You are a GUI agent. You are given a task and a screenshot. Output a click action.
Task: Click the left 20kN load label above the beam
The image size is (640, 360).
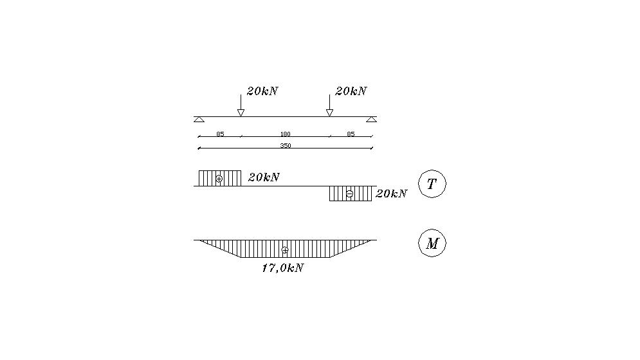click(262, 91)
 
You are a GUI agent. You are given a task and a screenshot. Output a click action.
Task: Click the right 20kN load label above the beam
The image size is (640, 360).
click(351, 91)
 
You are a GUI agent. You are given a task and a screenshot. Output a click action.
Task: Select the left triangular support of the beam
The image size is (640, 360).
click(199, 120)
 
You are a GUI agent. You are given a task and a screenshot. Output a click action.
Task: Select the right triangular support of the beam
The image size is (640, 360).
click(371, 120)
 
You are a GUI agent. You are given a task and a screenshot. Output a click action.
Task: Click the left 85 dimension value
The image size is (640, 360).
click(220, 134)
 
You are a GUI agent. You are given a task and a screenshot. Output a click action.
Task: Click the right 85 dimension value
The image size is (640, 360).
click(351, 134)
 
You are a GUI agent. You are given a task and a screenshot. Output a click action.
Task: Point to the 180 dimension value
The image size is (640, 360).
click(285, 134)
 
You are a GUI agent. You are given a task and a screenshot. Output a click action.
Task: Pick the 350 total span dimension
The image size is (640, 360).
click(285, 146)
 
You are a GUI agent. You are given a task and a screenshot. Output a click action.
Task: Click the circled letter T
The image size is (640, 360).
click(432, 184)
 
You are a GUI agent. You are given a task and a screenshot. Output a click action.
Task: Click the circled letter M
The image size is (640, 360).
click(432, 244)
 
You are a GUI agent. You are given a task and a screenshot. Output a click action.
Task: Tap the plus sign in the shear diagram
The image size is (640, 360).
click(219, 178)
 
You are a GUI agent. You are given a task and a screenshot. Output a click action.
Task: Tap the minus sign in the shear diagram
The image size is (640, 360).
click(349, 194)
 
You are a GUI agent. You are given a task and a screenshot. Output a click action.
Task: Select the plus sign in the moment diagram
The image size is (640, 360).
click(285, 249)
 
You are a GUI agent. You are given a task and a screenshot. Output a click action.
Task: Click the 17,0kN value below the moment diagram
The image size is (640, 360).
click(282, 269)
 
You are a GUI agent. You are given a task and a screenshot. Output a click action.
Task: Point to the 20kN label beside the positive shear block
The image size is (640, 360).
click(264, 177)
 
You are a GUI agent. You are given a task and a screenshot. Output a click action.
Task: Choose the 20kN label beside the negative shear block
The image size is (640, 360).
click(391, 194)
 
